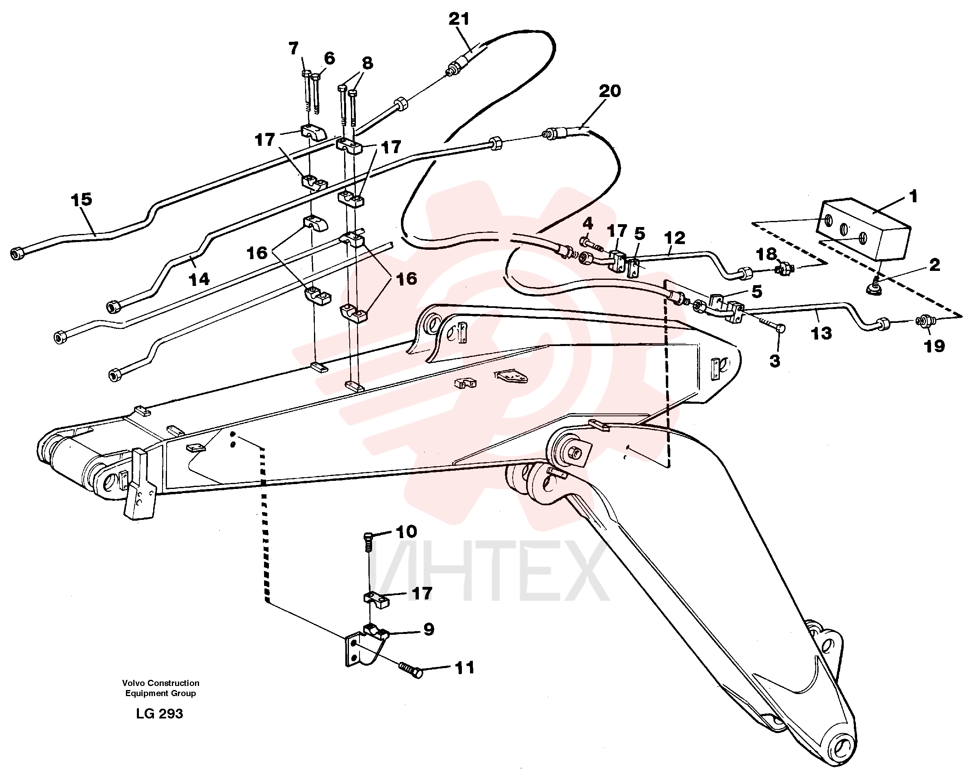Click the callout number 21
click(459, 19)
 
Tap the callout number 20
click(610, 91)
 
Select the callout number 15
click(82, 199)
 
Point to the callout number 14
click(199, 279)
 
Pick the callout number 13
click(821, 333)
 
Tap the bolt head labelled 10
click(368, 537)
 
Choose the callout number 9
click(429, 630)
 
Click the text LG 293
click(159, 714)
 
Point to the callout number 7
click(293, 48)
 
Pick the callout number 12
click(674, 238)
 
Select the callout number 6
click(329, 58)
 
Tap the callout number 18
click(767, 254)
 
